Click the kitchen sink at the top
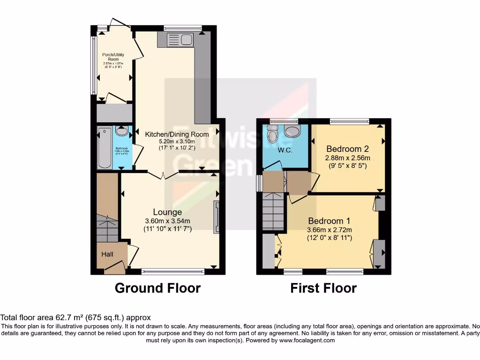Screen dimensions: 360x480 (179, 39)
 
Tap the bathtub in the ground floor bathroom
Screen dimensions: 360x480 (104, 149)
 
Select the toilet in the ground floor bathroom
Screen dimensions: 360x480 (121, 132)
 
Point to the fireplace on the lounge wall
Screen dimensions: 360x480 (216, 217)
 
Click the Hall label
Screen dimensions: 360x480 (107, 254)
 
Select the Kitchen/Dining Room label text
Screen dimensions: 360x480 (177, 134)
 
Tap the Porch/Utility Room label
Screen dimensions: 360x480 (113, 57)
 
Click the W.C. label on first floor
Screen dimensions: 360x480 (285, 150)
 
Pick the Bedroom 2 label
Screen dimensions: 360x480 (347, 149)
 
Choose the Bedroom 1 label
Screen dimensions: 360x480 (330, 221)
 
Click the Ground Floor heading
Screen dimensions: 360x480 (157, 288)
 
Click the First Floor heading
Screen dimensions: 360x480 (323, 288)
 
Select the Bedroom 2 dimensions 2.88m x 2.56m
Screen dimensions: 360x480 (347, 157)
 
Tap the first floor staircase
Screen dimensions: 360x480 (273, 211)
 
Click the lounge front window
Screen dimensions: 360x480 (173, 270)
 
